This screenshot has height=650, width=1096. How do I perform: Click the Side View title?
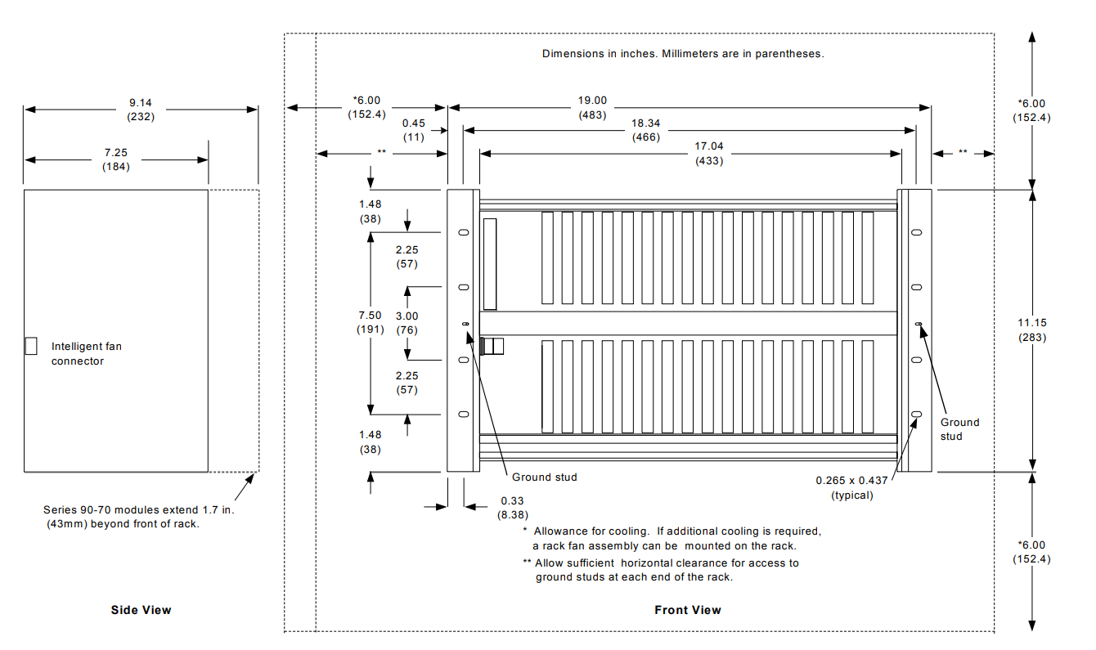pos(141,610)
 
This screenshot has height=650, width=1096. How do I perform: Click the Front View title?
pos(687,610)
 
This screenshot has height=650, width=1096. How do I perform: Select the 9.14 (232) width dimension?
pos(141,110)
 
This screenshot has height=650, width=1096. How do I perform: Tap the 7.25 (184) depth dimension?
pos(116,159)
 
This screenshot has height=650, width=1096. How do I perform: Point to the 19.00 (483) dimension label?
pos(592,108)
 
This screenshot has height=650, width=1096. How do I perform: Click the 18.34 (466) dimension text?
pos(646,130)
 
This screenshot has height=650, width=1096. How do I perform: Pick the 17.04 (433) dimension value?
pos(709,154)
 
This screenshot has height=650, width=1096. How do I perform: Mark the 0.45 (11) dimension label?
pos(413,130)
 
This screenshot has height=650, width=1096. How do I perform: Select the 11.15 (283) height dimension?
pos(1032,330)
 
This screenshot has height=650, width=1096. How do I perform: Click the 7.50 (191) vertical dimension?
pos(370,322)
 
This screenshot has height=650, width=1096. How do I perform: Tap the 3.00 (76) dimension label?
pos(407,323)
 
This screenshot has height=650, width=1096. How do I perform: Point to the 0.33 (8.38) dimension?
pos(512,508)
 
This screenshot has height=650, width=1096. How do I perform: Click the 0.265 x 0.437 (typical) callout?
pos(851,487)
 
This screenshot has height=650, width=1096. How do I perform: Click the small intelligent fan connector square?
pos(31,346)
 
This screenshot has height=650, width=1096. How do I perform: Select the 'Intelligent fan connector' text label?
pos(86,353)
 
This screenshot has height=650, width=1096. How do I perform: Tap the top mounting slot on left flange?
pos(464,232)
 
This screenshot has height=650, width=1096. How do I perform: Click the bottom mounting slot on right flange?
pos(916,415)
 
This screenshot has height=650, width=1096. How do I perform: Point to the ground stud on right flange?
pos(919,324)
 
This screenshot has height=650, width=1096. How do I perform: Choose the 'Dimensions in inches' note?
pos(683,54)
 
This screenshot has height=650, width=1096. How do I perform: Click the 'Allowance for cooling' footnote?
pos(672,538)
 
